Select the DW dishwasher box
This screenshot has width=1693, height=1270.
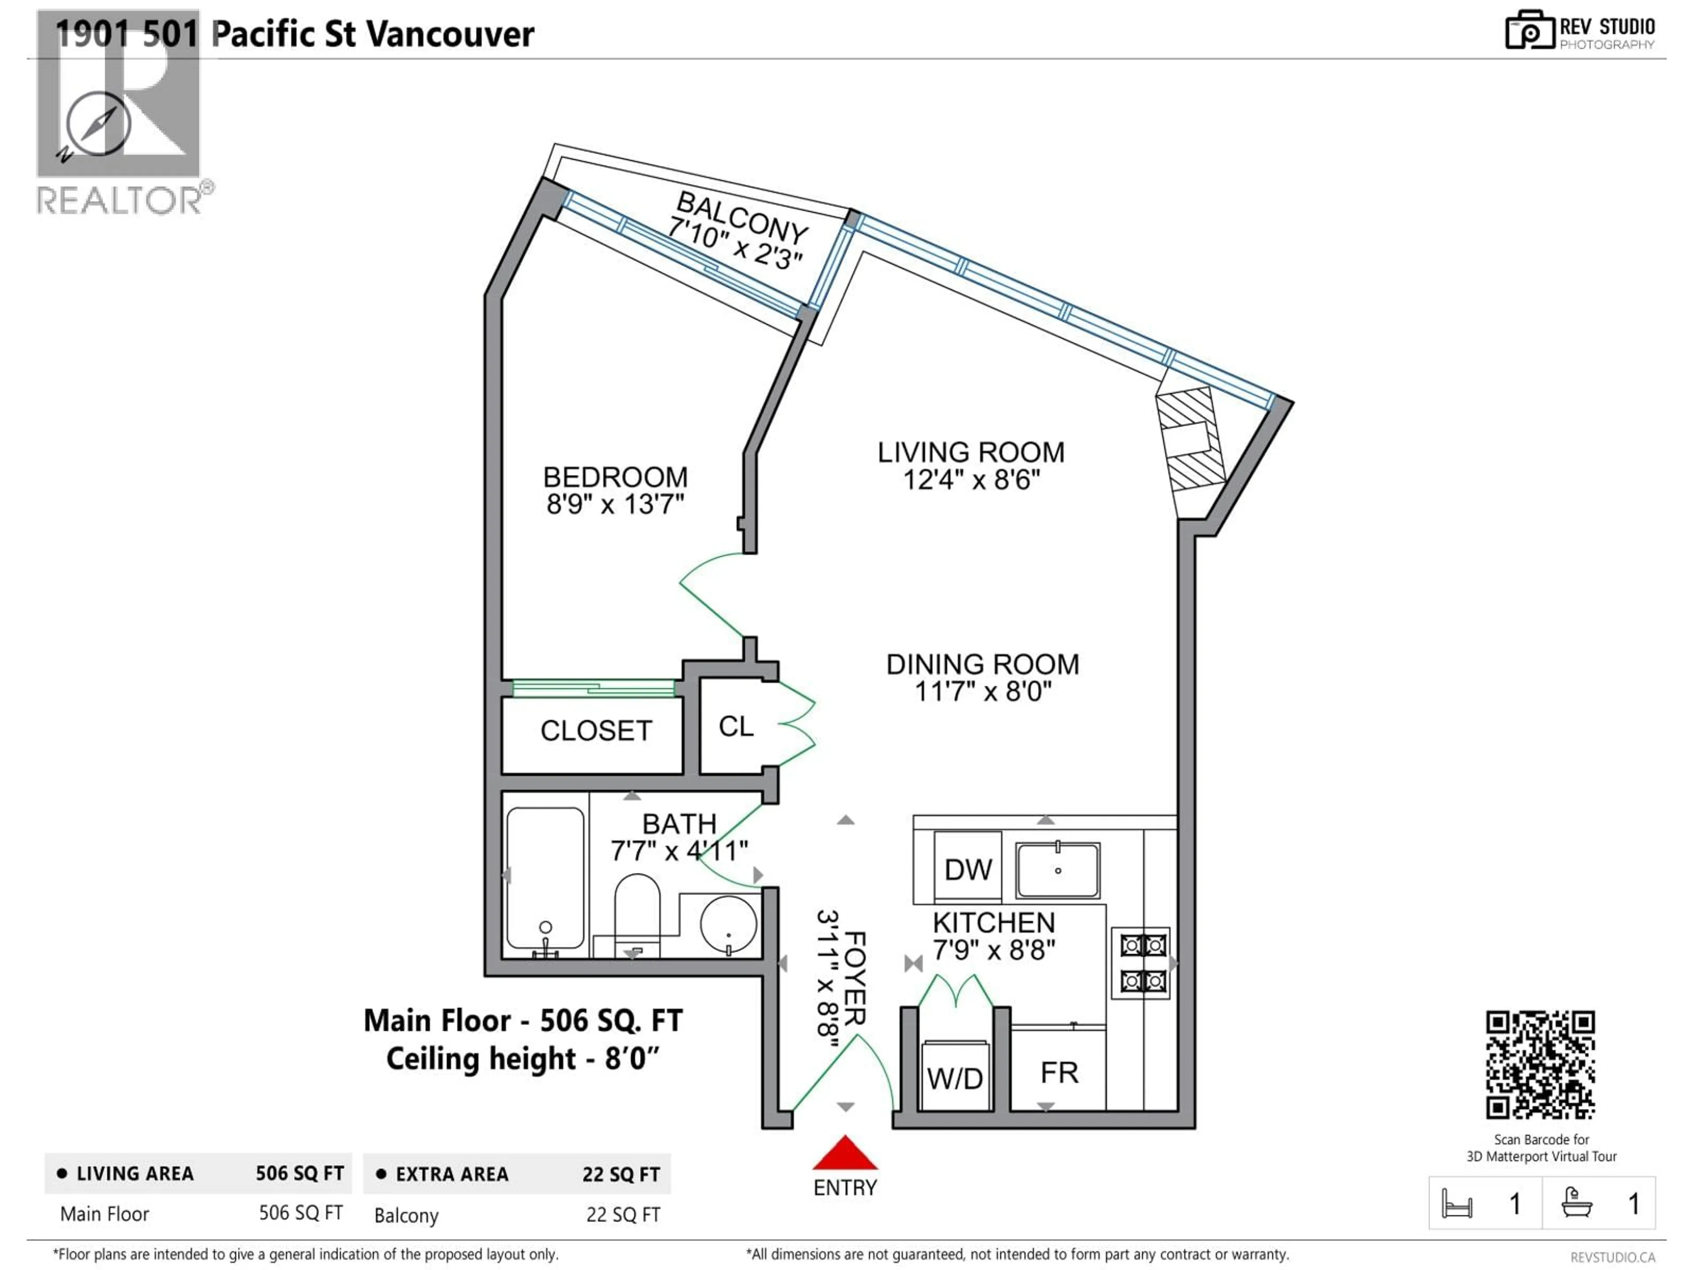coord(967,869)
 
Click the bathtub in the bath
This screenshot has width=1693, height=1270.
coord(545,880)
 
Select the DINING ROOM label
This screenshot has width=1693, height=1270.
coord(983,664)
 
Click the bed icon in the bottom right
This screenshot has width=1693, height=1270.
coord(1457,1203)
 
